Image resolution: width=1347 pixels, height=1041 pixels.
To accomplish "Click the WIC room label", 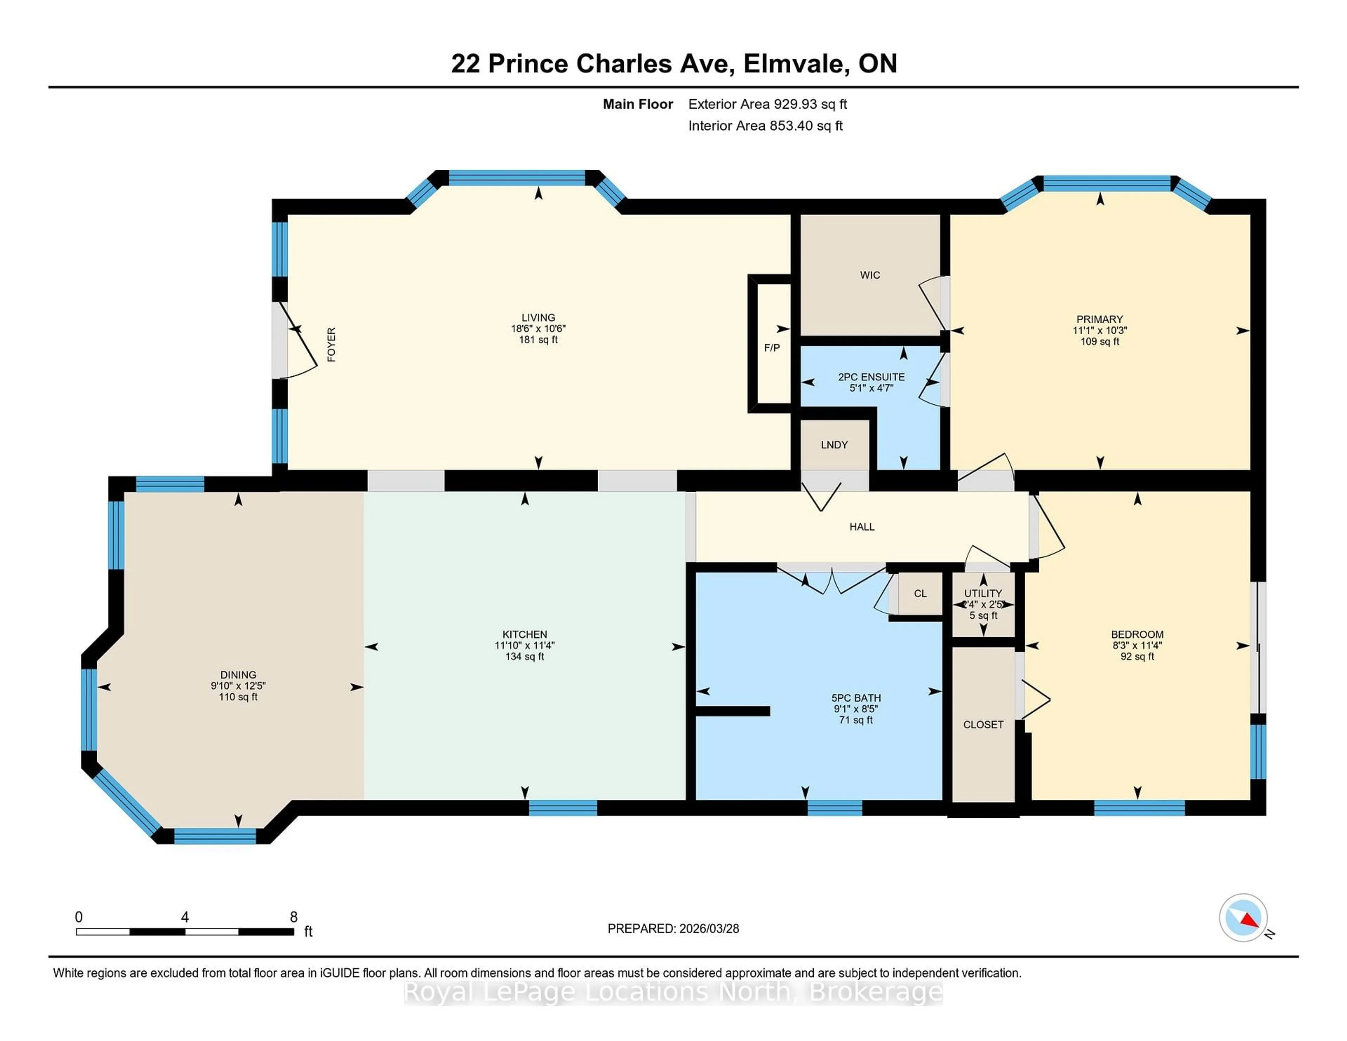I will pyautogui.click(x=870, y=275).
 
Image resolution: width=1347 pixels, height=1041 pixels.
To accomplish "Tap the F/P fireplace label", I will pyautogui.click(x=772, y=348).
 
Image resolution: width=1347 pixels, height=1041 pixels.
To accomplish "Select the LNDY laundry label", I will pyautogui.click(x=834, y=445).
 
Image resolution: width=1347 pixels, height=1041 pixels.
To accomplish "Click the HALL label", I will pyautogui.click(x=862, y=527).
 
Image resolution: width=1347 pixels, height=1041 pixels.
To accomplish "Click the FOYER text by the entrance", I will pyautogui.click(x=331, y=345).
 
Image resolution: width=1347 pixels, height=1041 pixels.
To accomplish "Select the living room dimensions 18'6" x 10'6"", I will pyautogui.click(x=538, y=329).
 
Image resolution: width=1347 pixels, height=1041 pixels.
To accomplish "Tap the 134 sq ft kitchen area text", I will pyautogui.click(x=524, y=657).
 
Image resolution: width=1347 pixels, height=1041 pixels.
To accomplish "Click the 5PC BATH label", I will pyautogui.click(x=856, y=698).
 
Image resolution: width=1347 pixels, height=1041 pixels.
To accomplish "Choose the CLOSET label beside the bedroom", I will pyautogui.click(x=983, y=725).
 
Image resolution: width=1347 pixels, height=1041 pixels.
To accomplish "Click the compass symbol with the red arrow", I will pyautogui.click(x=1243, y=918).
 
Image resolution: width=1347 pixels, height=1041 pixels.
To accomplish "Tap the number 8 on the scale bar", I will pyautogui.click(x=294, y=917).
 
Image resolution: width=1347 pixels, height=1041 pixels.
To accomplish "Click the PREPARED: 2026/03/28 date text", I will pyautogui.click(x=673, y=929).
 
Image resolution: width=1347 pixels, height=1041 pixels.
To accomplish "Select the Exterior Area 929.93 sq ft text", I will pyautogui.click(x=767, y=104).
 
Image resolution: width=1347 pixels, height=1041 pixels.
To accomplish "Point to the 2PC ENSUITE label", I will pyautogui.click(x=871, y=377).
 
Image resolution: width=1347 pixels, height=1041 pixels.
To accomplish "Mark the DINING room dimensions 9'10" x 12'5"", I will pyautogui.click(x=238, y=686).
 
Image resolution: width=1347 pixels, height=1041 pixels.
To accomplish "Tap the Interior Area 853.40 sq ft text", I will pyautogui.click(x=765, y=126).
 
